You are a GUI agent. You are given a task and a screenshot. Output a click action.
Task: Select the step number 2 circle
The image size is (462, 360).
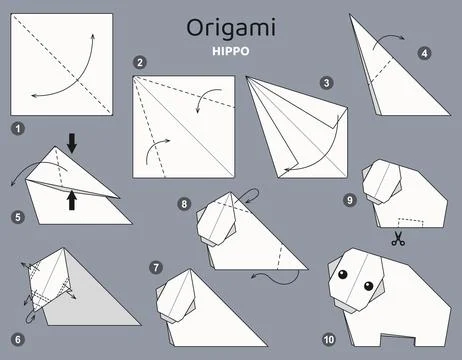(141, 63)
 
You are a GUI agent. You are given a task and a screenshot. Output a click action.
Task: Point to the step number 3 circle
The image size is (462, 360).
(326, 84)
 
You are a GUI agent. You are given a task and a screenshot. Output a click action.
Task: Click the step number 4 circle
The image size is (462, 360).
(425, 53)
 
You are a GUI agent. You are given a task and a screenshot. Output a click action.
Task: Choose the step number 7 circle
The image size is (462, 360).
(155, 267)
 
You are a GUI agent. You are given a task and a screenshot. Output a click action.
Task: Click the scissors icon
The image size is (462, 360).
(397, 239)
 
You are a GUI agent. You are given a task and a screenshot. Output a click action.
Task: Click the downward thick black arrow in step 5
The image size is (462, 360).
(72, 144)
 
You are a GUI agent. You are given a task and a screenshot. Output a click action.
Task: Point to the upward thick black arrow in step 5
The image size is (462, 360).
(72, 200)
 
